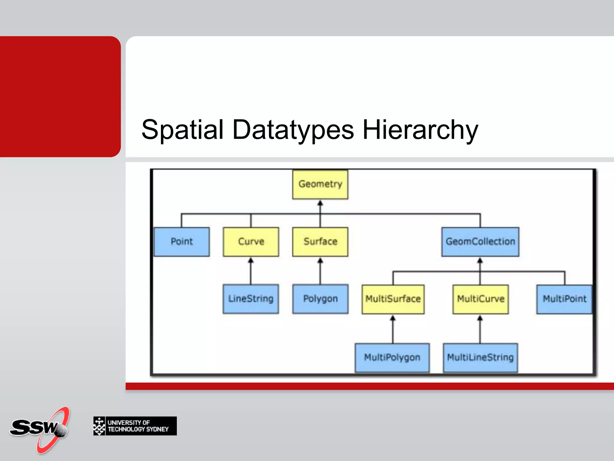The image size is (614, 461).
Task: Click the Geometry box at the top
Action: click(320, 184)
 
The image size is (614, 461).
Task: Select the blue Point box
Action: click(182, 242)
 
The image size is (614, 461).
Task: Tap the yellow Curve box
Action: click(251, 242)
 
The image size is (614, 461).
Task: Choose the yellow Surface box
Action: click(320, 242)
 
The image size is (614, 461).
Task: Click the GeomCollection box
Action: click(480, 242)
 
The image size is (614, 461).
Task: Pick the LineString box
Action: click(251, 299)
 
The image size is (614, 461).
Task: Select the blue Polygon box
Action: click(320, 299)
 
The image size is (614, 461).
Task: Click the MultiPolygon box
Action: click(392, 357)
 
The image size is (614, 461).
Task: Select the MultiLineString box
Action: click(480, 357)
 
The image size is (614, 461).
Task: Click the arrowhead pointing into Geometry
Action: click(320, 203)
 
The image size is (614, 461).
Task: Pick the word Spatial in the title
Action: click(183, 130)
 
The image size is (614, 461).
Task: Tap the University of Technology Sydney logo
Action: click(135, 426)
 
